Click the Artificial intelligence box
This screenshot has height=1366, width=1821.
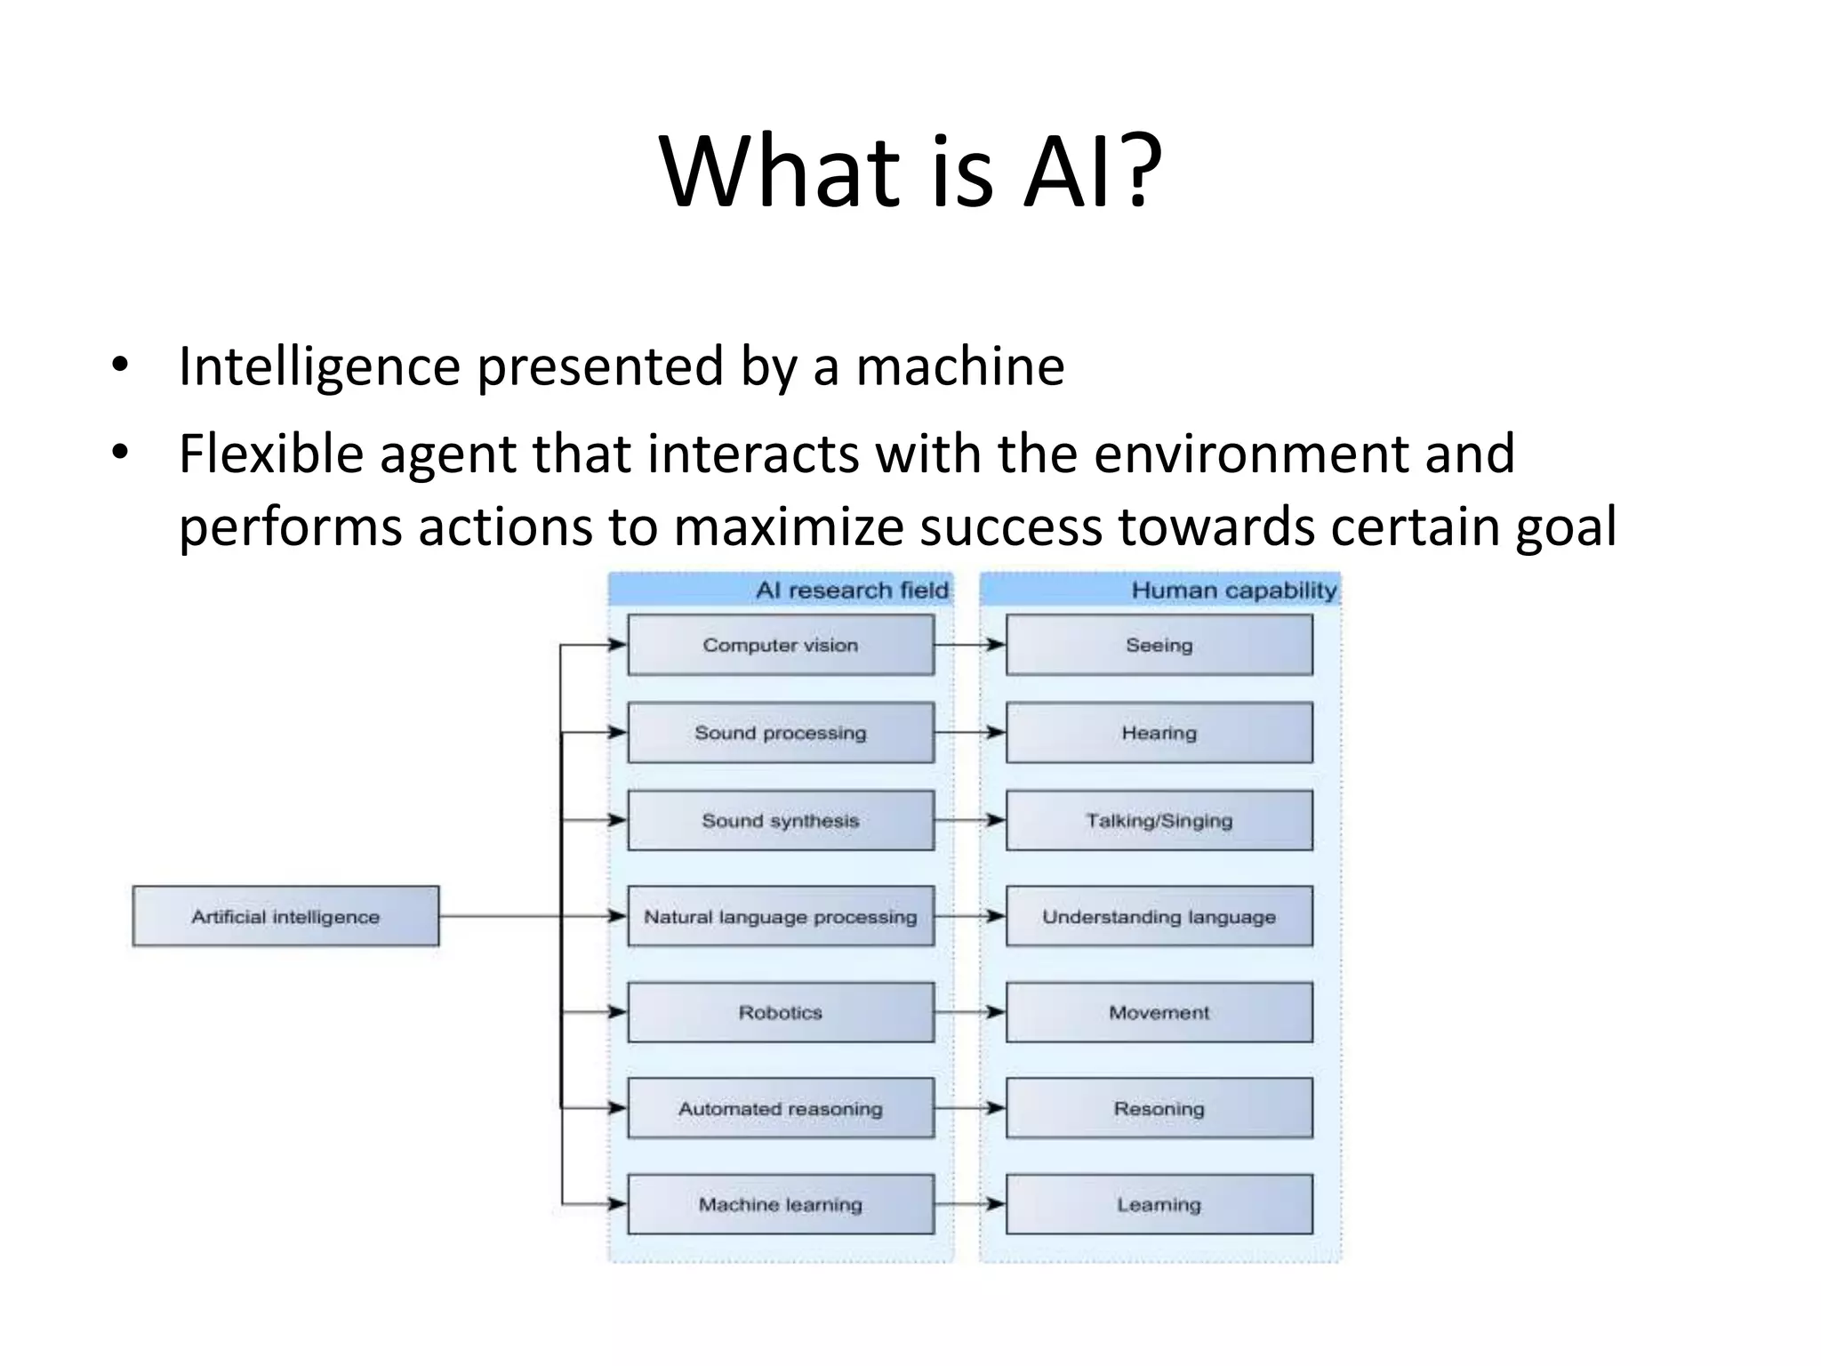(x=285, y=916)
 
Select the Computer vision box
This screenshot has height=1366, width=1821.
(x=781, y=645)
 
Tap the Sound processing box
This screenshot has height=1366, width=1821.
(x=781, y=733)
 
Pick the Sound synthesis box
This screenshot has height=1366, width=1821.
(x=781, y=820)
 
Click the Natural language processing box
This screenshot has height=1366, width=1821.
(x=781, y=916)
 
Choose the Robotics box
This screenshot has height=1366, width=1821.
(x=781, y=1012)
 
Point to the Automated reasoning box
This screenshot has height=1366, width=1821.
(x=781, y=1108)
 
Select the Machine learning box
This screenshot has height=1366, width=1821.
(x=781, y=1204)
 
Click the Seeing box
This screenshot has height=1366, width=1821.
(x=1159, y=645)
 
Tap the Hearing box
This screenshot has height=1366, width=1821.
(x=1159, y=733)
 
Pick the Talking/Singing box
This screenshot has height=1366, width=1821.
(x=1159, y=820)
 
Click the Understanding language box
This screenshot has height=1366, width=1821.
(x=1159, y=916)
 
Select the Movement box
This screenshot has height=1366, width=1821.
(x=1159, y=1012)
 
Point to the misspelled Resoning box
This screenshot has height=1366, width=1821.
(x=1159, y=1108)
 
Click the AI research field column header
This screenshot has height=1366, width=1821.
(x=851, y=591)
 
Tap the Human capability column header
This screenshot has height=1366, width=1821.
(x=1233, y=591)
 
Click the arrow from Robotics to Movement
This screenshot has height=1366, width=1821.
(x=970, y=1012)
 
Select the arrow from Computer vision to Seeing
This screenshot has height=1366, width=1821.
(x=970, y=645)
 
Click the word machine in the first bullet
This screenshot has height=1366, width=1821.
(x=959, y=366)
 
